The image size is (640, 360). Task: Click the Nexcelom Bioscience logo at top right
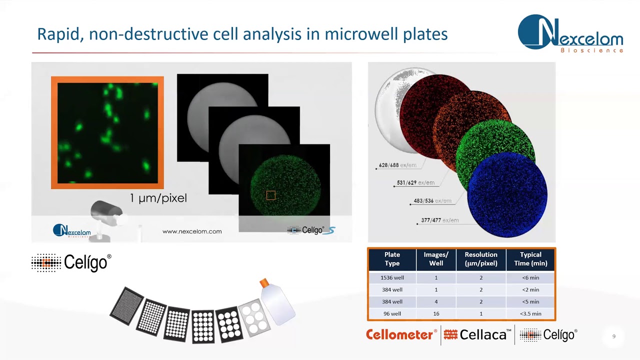pos(570,34)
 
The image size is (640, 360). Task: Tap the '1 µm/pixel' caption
pos(158,198)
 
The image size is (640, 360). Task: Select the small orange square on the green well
pos(270,195)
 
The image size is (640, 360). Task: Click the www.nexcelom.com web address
pos(192,231)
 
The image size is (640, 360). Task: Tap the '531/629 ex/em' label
pos(415,183)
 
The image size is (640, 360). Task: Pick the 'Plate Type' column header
pos(392,259)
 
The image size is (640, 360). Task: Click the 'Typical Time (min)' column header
pos(530,259)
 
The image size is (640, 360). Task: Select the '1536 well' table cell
pos(392,277)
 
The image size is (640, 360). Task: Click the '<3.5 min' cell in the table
pos(530,313)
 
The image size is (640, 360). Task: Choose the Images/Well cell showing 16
pos(436,313)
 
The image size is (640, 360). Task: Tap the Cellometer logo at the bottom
pos(401,335)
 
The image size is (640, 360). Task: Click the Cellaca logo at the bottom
pos(477,335)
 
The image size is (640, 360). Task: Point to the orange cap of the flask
pos(264,283)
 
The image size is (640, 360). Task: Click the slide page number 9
pos(614,336)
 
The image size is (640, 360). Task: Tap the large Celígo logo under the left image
pos(71,262)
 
